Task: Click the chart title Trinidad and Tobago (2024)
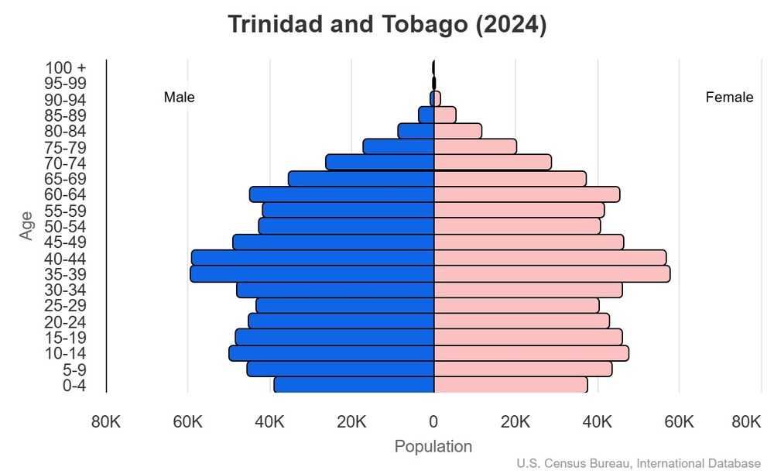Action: pos(387,25)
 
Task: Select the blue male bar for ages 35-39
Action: pos(312,274)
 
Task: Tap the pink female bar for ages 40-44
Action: pos(550,258)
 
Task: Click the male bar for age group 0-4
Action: pos(354,385)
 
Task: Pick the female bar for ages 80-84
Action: pos(457,131)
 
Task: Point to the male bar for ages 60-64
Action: pos(341,194)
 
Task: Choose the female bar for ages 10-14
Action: pos(531,353)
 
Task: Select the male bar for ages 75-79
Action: pos(398,146)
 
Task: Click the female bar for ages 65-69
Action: pos(509,179)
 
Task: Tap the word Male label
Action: pos(179,98)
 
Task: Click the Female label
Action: pos(729,98)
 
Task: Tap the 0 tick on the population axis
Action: pos(433,422)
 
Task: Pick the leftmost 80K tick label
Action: pos(105,422)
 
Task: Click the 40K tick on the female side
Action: pos(597,422)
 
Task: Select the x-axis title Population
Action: pos(433,447)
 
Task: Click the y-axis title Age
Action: pos(27,225)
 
